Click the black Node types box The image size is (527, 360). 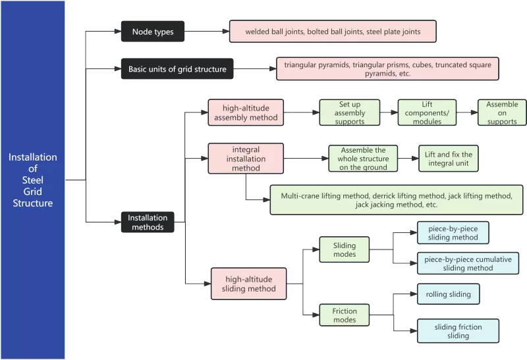[153, 32]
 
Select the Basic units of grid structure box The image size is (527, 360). [177, 69]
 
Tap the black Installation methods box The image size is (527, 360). [148, 222]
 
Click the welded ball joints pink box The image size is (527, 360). [333, 31]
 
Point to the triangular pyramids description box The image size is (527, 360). [387, 68]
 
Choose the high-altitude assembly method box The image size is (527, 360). [246, 113]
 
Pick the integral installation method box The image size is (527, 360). [246, 159]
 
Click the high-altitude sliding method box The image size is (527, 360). [249, 284]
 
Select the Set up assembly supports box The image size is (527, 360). [350, 113]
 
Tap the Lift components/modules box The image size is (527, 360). [427, 113]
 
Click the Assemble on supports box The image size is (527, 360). [502, 113]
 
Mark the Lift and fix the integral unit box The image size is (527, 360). [449, 159]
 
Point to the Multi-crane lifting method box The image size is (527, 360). [397, 200]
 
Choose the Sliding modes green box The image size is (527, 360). [344, 249]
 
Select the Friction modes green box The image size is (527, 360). [344, 315]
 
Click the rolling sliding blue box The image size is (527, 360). [449, 294]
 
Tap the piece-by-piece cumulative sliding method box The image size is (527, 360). [468, 263]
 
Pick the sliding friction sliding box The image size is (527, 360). [458, 331]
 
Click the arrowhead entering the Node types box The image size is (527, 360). [118, 31]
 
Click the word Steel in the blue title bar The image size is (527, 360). [32, 180]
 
